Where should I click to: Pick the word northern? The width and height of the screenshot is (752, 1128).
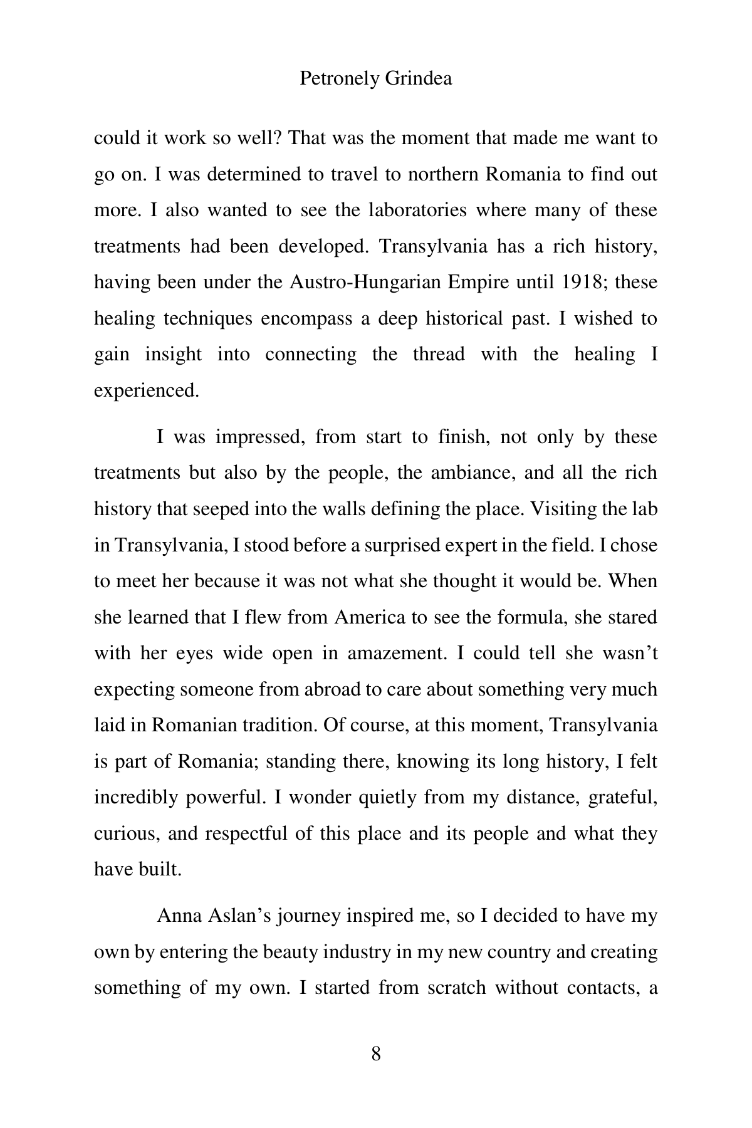pos(443,174)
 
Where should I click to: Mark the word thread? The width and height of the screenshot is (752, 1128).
pos(439,354)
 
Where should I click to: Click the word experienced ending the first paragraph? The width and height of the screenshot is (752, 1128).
pos(146,390)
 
